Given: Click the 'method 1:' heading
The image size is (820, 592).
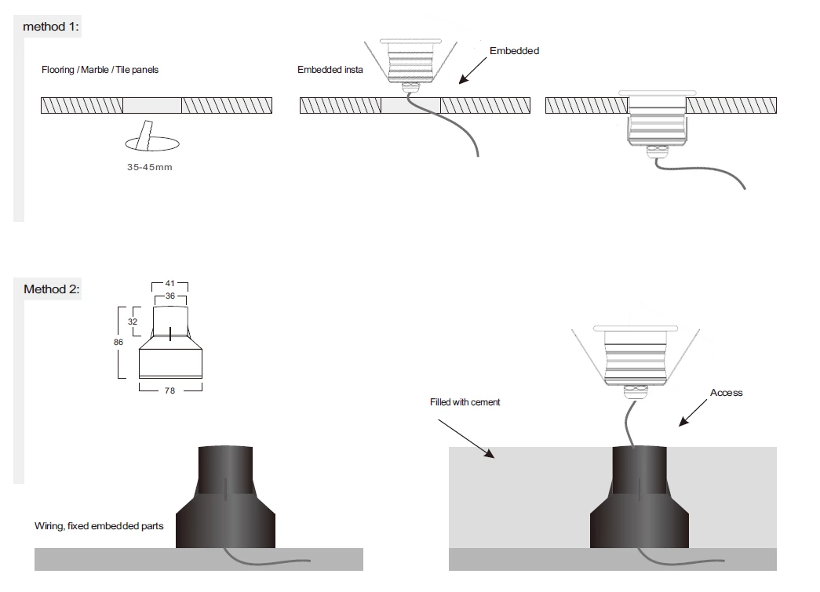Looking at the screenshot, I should pos(51,27).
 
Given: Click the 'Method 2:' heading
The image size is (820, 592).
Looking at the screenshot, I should pos(51,289).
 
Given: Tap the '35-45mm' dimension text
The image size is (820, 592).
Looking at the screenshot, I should pos(149,168).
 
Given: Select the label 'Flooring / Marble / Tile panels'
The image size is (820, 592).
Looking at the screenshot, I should pos(100,70).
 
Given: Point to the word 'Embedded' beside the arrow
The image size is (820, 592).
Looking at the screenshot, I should pos(514,51).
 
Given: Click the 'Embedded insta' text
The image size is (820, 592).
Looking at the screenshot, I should pos(330,70).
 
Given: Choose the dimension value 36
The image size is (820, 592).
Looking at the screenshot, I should pos(170,296).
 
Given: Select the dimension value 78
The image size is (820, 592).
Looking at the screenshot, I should pos(170,390).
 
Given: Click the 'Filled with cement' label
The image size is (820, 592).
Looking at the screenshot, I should pos(465,402).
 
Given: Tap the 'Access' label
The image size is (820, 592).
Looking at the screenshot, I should pos(726,393).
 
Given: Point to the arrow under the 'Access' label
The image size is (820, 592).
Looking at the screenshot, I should pos(694,413).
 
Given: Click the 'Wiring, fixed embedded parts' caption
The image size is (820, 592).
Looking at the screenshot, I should pos(99,525).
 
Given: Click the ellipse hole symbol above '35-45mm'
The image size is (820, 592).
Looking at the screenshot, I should pos(151,143).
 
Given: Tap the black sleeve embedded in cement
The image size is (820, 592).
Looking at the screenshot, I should pos(640,502).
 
